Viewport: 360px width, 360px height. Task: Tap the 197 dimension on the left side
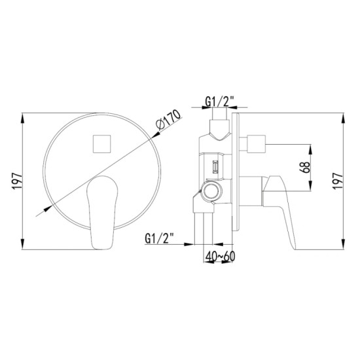(x=17, y=181)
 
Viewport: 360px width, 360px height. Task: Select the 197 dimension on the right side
(x=338, y=181)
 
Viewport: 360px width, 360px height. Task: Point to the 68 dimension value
(x=305, y=168)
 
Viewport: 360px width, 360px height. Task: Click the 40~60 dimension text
(x=221, y=256)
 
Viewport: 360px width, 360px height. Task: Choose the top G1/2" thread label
(x=219, y=101)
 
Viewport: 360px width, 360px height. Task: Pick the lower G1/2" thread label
(x=159, y=238)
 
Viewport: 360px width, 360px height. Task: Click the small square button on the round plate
(x=101, y=144)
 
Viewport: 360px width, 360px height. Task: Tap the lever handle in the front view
(x=102, y=212)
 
